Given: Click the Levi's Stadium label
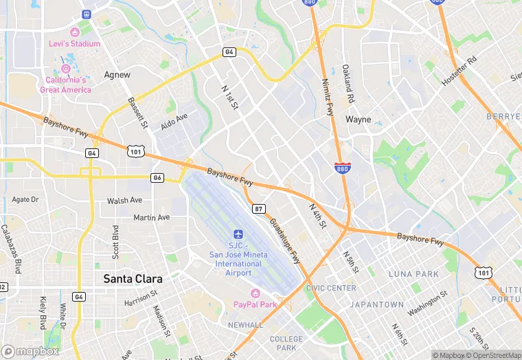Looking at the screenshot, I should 74,44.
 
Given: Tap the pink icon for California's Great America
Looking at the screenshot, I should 66,69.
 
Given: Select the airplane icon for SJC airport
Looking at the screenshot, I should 238,235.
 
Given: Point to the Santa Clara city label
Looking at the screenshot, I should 133,279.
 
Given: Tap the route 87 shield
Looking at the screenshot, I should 258,209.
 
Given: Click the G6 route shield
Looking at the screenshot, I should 158,178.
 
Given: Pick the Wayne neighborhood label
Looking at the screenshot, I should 358,120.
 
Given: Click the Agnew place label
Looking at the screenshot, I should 117,74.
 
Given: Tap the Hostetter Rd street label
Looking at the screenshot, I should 459,70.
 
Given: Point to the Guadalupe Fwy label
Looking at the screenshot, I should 284,241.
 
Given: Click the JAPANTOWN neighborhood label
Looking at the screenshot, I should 377,304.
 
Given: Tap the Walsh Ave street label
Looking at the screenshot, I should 124,201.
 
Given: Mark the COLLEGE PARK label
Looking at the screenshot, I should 286,344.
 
